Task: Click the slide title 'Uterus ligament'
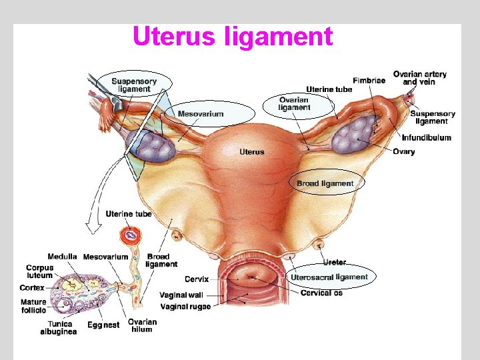click(232, 37)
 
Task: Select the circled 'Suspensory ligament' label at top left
click(134, 85)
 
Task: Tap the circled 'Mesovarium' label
click(201, 114)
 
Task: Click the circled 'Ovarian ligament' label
click(295, 104)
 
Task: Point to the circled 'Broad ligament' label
click(325, 183)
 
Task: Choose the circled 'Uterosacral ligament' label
click(329, 277)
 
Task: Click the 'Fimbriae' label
click(369, 81)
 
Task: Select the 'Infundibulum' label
click(426, 138)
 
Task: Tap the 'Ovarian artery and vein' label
click(420, 77)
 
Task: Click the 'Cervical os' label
click(321, 293)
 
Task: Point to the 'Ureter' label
click(334, 263)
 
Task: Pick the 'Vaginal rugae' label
click(185, 307)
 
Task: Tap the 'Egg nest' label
click(103, 325)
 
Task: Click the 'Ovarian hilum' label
click(142, 325)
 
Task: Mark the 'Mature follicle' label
click(33, 306)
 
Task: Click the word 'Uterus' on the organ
click(252, 152)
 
